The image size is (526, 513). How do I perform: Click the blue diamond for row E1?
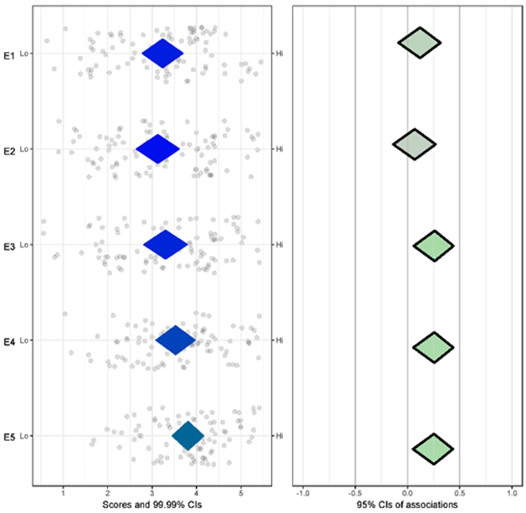(x=162, y=54)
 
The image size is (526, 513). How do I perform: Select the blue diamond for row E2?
(x=157, y=149)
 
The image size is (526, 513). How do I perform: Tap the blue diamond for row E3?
(x=165, y=245)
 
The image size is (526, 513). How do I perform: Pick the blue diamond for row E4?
(x=175, y=340)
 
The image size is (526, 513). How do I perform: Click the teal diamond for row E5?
(x=188, y=436)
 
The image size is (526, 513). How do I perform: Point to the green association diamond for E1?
(x=419, y=43)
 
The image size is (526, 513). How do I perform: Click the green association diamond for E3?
(x=434, y=246)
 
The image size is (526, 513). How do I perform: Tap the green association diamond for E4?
(x=434, y=347)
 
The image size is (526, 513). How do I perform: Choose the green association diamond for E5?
(x=433, y=448)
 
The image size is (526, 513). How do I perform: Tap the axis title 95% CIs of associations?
(x=408, y=505)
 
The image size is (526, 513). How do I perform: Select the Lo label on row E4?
(x=26, y=340)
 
